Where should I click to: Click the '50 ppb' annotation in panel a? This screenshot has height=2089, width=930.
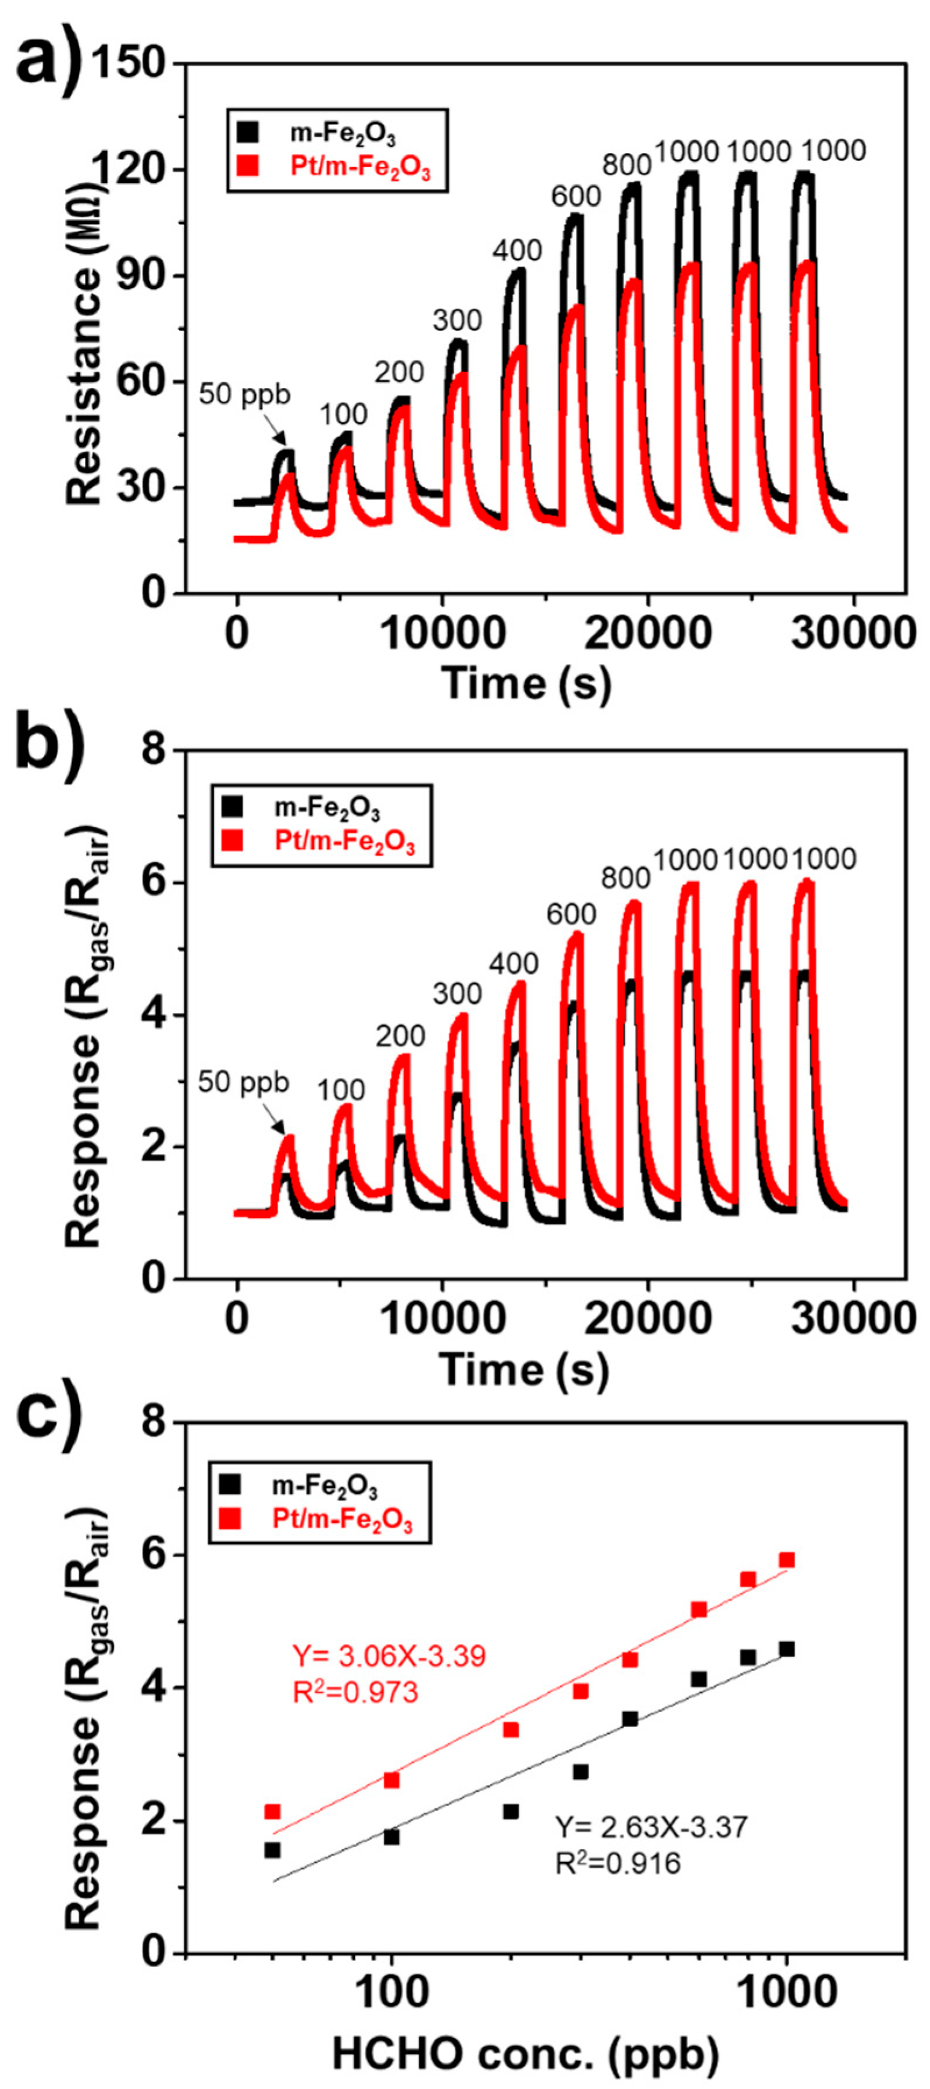[x=244, y=395]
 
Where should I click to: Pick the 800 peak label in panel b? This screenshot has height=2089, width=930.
[x=625, y=878]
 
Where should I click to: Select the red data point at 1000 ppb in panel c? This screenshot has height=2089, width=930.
[x=786, y=1560]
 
